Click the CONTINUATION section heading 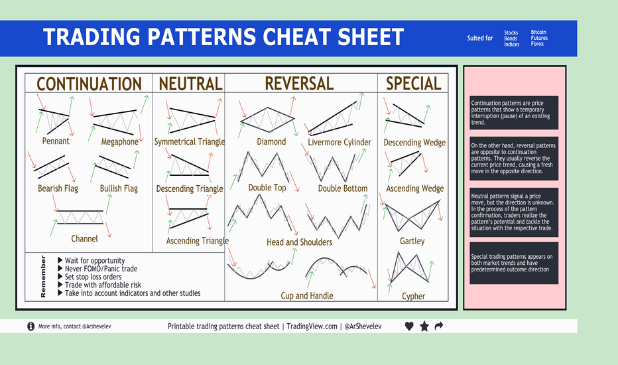coord(89,84)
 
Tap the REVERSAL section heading coord(299,84)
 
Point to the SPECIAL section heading coord(413,84)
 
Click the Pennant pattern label coord(56,141)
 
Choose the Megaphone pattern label coord(120,141)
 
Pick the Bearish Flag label coord(58,188)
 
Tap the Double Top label coord(267,188)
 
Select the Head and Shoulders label coord(300,242)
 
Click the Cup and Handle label coord(306,295)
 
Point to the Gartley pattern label coord(412,241)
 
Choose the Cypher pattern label coord(413,296)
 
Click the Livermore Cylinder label coord(340,142)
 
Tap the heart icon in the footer coord(409,327)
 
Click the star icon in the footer coord(424,327)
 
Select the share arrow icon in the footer coord(438,327)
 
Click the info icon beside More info coord(31,327)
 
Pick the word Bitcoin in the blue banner coord(538,33)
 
